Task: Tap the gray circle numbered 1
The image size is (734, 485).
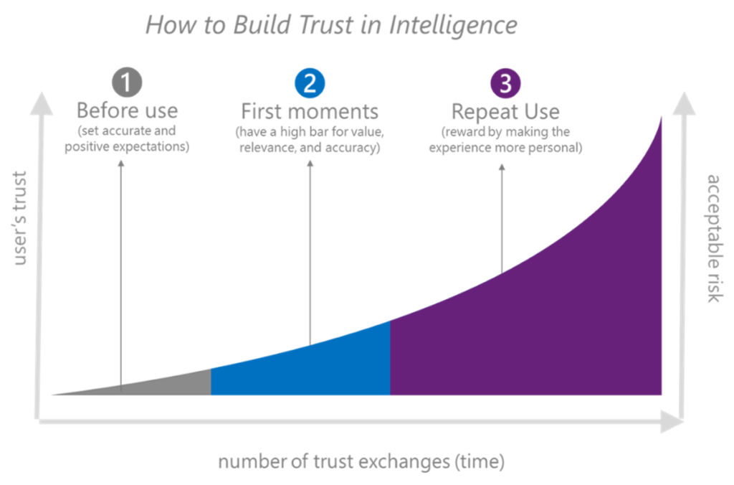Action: point(127,83)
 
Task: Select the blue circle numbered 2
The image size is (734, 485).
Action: point(310,83)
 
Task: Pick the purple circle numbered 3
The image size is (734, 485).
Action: point(505,83)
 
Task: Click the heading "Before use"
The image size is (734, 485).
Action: point(127,111)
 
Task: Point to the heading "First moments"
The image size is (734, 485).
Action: point(309,112)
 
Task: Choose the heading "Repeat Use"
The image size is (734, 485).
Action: point(505,112)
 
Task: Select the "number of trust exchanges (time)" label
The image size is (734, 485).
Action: point(361,461)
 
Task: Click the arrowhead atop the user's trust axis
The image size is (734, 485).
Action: point(42,105)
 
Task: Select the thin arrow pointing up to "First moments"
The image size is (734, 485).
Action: point(310,251)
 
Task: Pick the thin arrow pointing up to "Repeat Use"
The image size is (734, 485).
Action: point(501,215)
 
